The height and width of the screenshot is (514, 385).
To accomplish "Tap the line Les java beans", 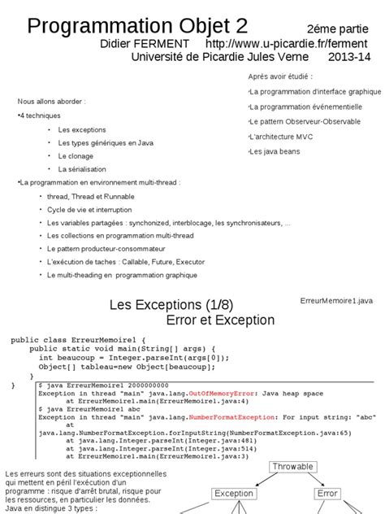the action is coord(270,151).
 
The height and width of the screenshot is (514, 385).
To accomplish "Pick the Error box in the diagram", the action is coord(327,493).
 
